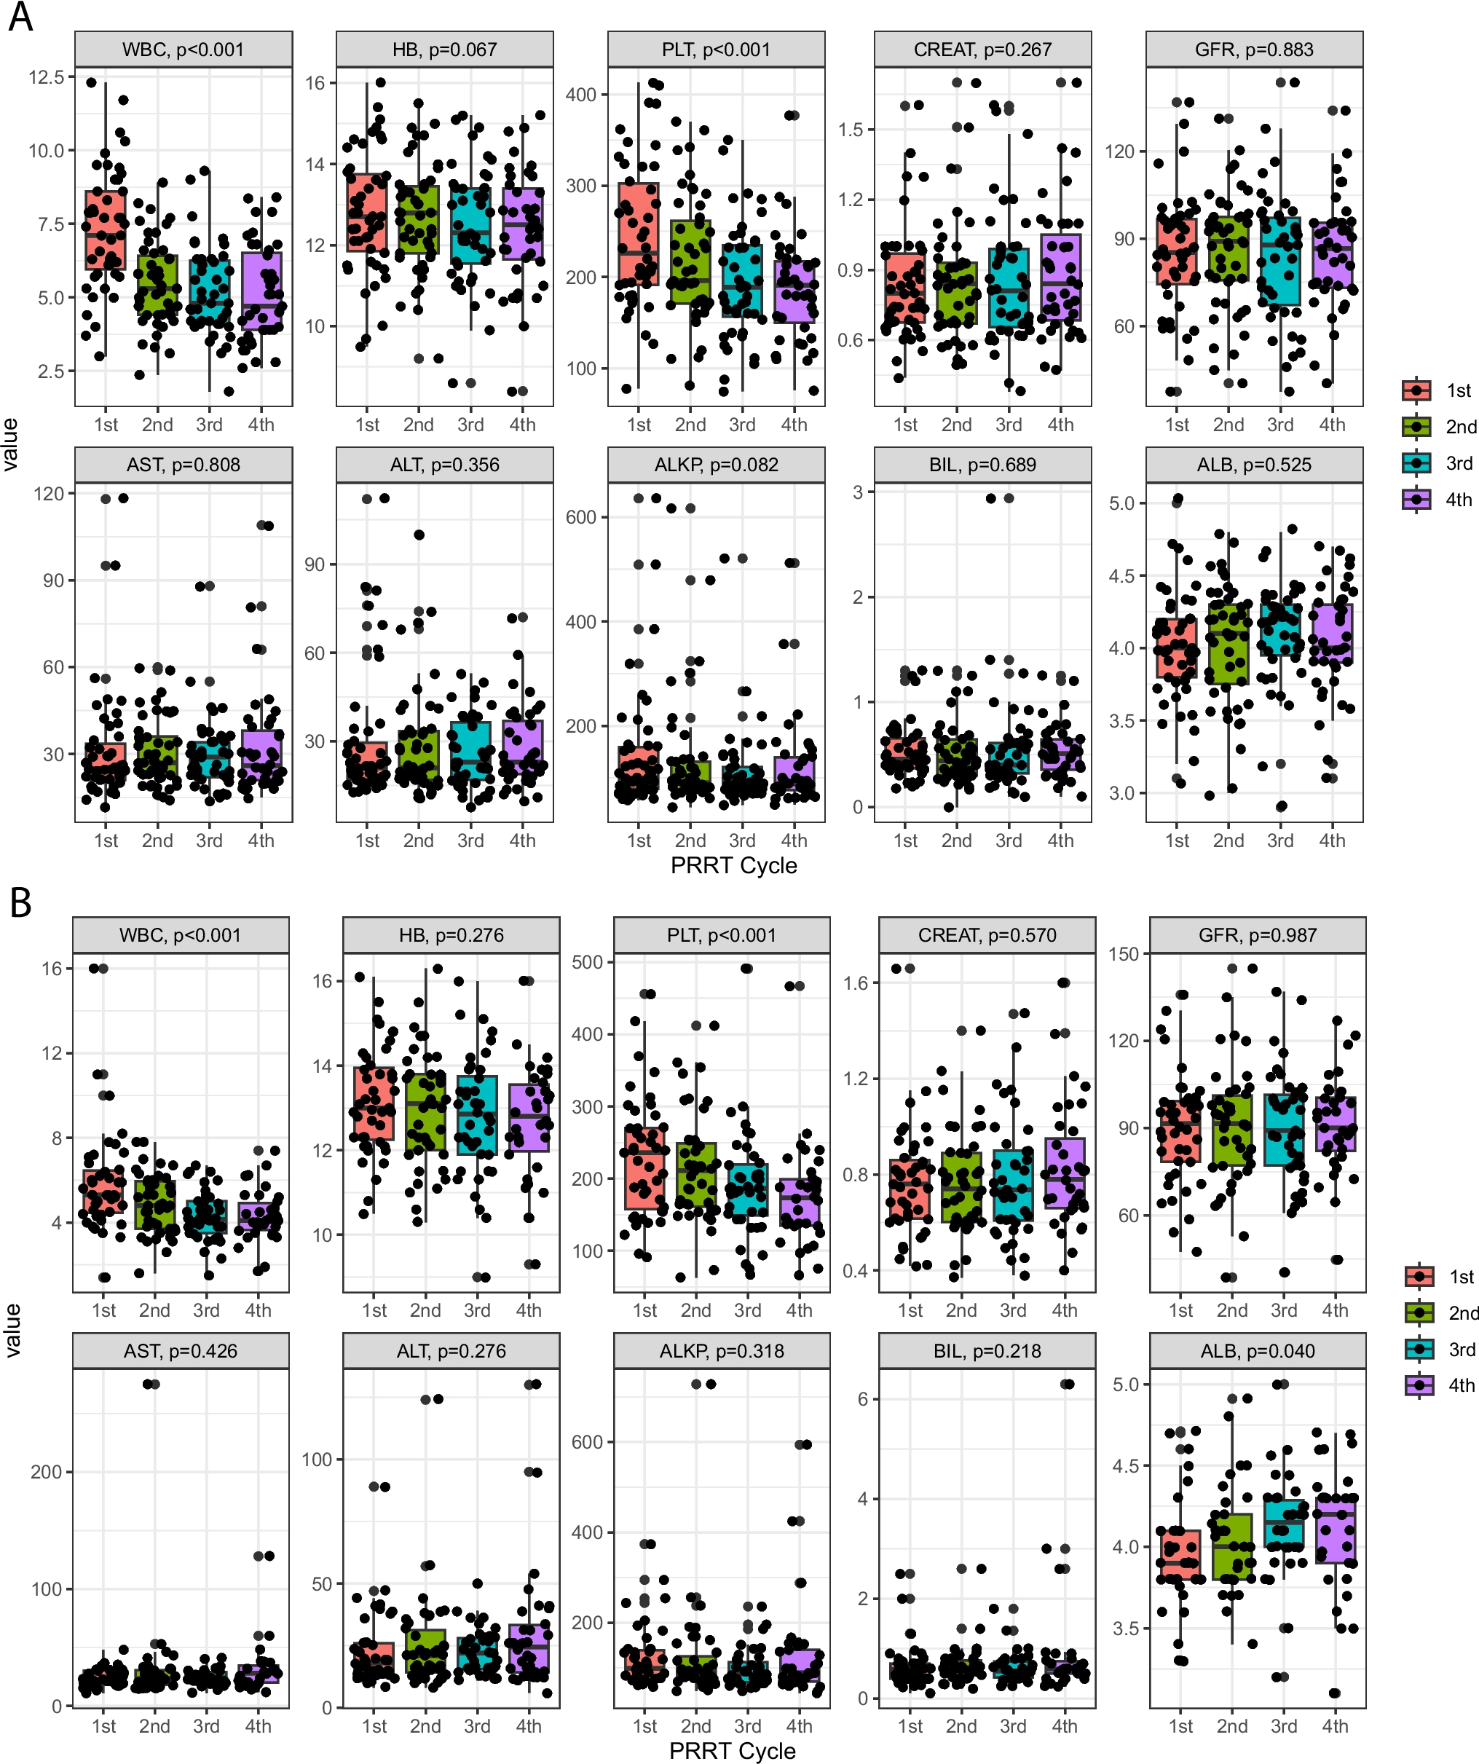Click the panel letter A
click(x=20, y=17)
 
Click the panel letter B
click(x=20, y=903)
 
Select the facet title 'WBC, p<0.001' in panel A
click(x=183, y=50)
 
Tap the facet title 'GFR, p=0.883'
click(x=1254, y=50)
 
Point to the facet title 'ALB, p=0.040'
click(x=1258, y=1351)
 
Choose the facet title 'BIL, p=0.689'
click(x=982, y=465)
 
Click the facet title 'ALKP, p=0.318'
click(x=722, y=1351)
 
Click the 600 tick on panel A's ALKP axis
click(x=581, y=517)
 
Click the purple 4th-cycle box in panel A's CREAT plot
click(x=1061, y=277)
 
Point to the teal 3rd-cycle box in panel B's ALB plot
click(x=1283, y=1524)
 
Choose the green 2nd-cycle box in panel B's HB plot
click(x=426, y=1111)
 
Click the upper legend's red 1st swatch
click(x=1416, y=390)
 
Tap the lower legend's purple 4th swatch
click(x=1419, y=1385)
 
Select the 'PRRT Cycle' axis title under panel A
click(x=733, y=865)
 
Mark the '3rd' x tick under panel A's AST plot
click(x=209, y=840)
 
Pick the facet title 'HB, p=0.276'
click(x=451, y=935)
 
